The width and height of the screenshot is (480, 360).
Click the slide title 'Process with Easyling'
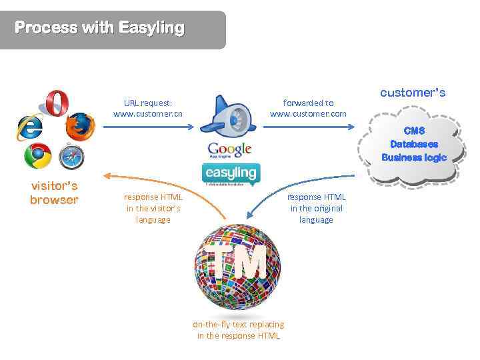(99, 28)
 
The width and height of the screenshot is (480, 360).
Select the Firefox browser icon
(80, 127)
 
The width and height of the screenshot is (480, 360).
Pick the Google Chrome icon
(37, 157)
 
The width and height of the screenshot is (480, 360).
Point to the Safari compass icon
(71, 157)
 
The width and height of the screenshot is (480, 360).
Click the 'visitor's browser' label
(54, 193)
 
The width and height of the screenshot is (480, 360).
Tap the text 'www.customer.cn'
(148, 114)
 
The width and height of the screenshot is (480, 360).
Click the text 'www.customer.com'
(308, 114)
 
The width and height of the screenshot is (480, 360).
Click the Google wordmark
(229, 149)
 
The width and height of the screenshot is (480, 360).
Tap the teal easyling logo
(230, 173)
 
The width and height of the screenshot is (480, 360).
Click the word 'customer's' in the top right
(413, 93)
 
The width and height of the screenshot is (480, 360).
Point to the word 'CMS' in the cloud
(414, 131)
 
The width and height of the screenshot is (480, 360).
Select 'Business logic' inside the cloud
(414, 157)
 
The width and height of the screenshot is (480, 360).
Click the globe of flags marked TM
(237, 265)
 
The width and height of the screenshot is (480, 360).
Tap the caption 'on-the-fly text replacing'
(238, 324)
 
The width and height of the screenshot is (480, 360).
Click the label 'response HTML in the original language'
(316, 208)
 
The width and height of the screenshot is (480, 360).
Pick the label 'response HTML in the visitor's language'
(153, 208)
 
